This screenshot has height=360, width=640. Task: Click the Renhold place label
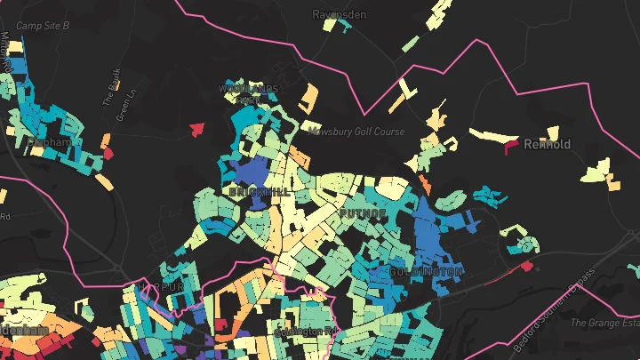(547, 144)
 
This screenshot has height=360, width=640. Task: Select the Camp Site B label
(43, 27)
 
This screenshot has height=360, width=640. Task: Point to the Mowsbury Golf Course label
(356, 132)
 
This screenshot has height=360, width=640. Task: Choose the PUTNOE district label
(363, 214)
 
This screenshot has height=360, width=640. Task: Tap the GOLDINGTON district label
(426, 270)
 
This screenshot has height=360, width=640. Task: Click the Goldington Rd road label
(308, 332)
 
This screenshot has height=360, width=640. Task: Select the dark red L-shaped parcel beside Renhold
(511, 146)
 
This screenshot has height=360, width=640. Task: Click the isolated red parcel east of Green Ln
(196, 130)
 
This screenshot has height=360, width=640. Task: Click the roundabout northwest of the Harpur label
(119, 268)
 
